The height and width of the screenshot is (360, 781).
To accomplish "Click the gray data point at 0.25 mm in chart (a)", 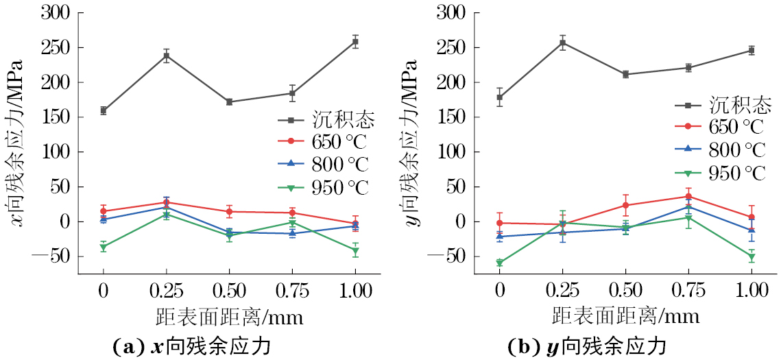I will tap(166, 56).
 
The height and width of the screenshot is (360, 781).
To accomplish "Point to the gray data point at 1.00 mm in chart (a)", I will tap(355, 42).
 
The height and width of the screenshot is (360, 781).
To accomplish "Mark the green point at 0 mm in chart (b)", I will tap(500, 263).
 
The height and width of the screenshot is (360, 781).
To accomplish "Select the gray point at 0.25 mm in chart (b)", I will tap(563, 43).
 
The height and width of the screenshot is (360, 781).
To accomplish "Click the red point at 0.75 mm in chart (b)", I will tap(688, 196).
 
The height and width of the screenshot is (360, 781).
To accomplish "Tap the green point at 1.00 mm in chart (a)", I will tap(355, 251).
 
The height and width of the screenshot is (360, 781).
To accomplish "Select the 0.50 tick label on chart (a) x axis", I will tap(229, 290).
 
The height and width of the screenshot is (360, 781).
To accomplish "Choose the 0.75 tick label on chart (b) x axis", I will tap(688, 290).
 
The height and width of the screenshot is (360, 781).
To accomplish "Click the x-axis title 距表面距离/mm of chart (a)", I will tap(229, 317).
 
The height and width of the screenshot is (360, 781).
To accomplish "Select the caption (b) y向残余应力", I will tap(587, 346).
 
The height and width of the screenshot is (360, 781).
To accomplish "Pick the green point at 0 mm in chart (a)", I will tap(104, 247).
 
